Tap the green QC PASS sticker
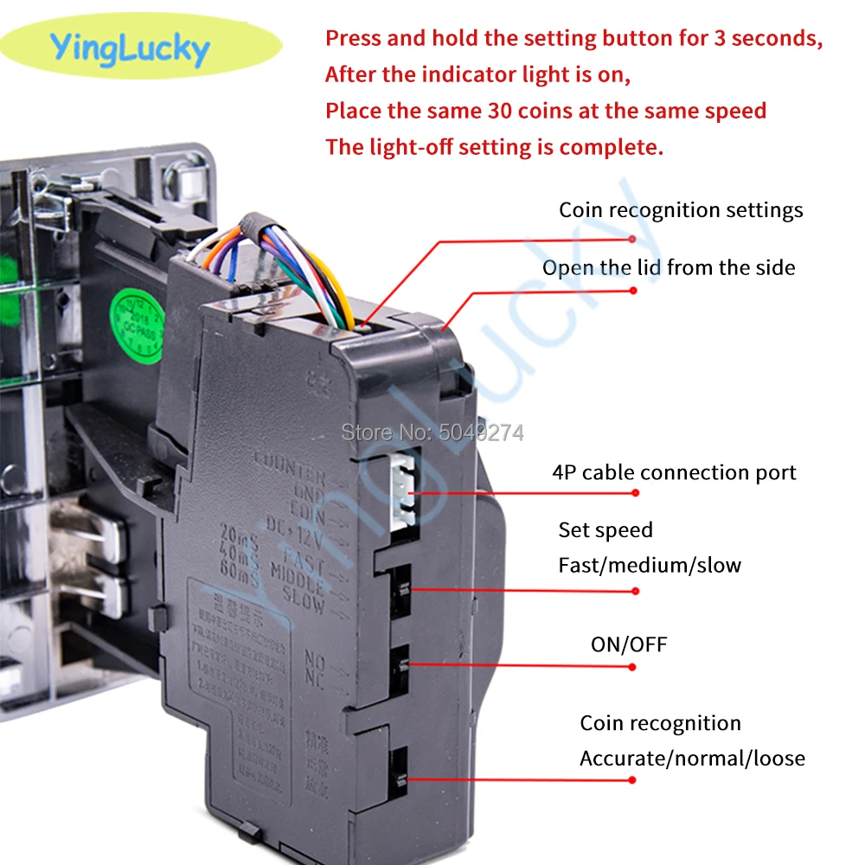point(137,325)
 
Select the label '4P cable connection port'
point(674,472)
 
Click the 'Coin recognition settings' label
point(681,210)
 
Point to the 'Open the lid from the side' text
point(669,268)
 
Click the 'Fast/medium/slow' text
point(650,566)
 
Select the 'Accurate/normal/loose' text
point(692,759)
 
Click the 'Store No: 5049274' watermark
point(432,432)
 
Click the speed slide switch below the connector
point(400,590)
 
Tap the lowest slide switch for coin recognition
point(400,769)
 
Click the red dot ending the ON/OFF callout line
point(633,667)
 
